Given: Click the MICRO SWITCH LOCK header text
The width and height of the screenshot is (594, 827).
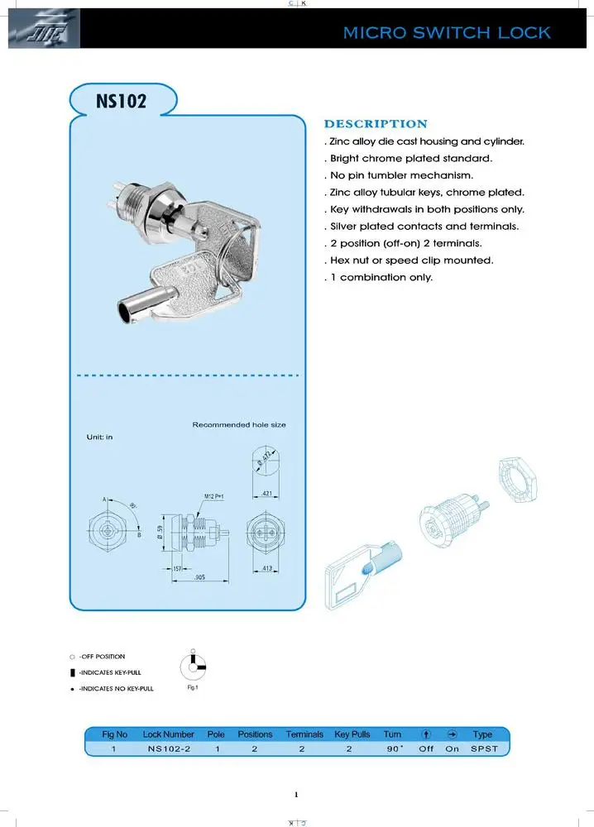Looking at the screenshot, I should (x=447, y=33).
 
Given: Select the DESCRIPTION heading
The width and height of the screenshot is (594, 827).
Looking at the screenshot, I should (x=376, y=124).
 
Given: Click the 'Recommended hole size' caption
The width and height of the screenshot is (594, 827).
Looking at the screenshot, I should (x=239, y=424).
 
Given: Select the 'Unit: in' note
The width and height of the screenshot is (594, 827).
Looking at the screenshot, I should (x=100, y=436).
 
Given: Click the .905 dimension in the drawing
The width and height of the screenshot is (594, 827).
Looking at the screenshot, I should (x=200, y=578).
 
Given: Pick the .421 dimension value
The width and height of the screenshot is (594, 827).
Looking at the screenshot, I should (x=266, y=494).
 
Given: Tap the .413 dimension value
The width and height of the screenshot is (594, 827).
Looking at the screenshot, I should (x=266, y=570).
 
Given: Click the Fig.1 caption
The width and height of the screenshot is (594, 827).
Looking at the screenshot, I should (x=193, y=687).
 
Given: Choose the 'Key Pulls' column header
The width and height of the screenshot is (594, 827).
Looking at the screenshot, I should (x=352, y=734).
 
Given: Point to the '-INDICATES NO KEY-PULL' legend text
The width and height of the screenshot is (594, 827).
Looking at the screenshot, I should (x=116, y=688).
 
